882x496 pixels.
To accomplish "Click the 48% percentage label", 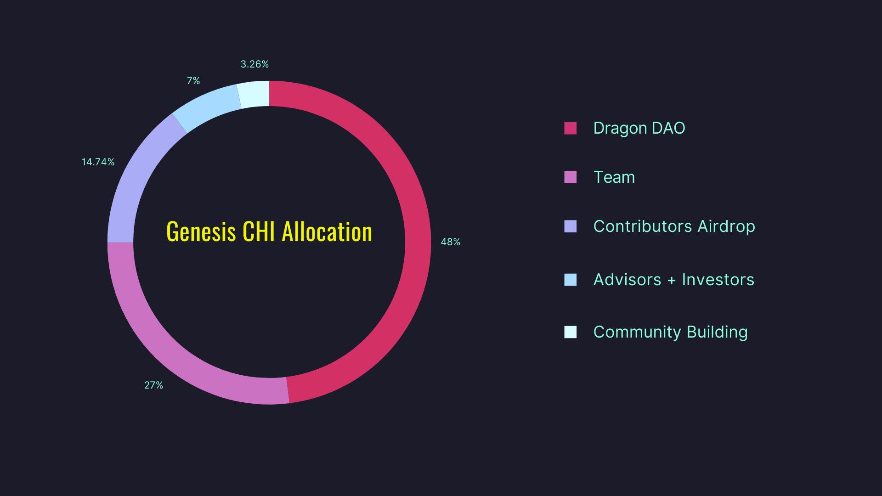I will coord(450,242).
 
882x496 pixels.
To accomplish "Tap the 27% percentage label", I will coord(153,385).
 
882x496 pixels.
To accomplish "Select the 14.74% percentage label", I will coord(98,162).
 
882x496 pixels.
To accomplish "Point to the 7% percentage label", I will coord(193,81).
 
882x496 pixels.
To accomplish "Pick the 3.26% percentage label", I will coord(254,64).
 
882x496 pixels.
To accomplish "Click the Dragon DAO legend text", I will coord(639,128).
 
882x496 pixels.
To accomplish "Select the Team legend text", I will coord(614,177).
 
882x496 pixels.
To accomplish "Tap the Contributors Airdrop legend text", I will coord(674,226).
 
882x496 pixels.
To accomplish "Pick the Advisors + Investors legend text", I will coord(673,280).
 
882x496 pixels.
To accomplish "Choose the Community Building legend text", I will coord(670,332).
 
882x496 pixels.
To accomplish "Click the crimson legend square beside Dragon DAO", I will coord(570,128).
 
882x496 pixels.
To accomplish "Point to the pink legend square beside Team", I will coord(570,177).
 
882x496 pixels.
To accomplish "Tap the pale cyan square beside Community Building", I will coord(570,332).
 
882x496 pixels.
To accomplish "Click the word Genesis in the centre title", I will coord(201,231).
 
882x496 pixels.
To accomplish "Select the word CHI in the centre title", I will coord(259,231).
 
